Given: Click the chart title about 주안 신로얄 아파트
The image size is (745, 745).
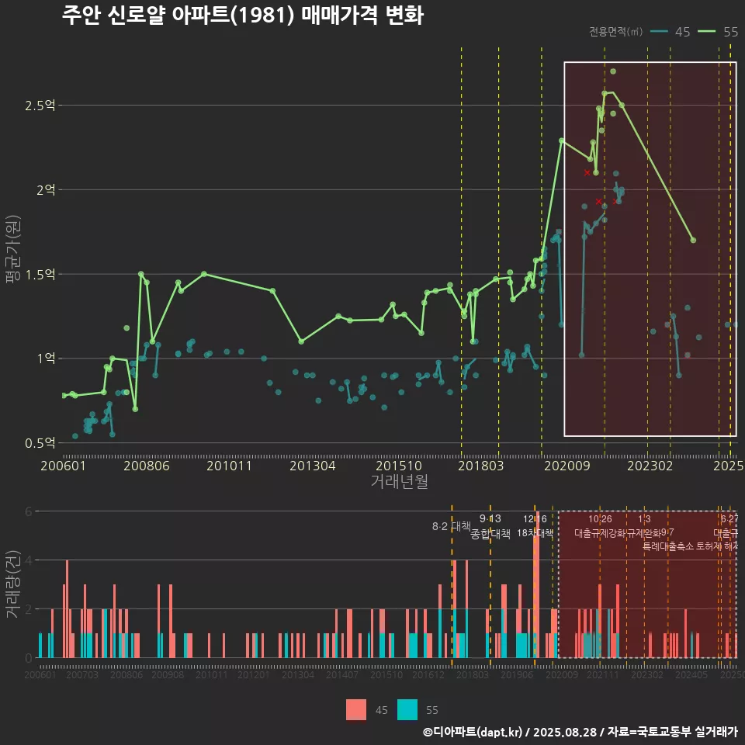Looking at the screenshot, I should coord(242,16).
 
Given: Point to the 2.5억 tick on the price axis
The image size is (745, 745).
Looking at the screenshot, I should coord(40,106).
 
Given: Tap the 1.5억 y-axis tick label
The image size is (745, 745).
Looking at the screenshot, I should coord(40,274).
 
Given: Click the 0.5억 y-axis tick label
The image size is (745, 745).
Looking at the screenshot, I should coord(40,443).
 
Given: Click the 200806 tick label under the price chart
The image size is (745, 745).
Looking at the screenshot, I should coord(147,466).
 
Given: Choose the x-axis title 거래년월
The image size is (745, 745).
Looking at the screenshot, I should coord(399,481).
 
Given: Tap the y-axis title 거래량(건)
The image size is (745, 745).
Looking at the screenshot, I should coord(12,584).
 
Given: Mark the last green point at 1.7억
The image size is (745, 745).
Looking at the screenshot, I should coord(693,241).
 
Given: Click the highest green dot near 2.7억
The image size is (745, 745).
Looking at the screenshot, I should coord(613,71).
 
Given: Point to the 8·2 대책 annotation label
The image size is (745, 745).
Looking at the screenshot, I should coord(452,526).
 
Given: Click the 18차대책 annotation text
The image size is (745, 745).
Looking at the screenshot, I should coord(535,534).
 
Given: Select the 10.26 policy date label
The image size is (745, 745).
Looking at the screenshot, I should coord(600,519).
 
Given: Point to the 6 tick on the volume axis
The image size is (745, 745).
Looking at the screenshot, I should coord(28,511).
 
